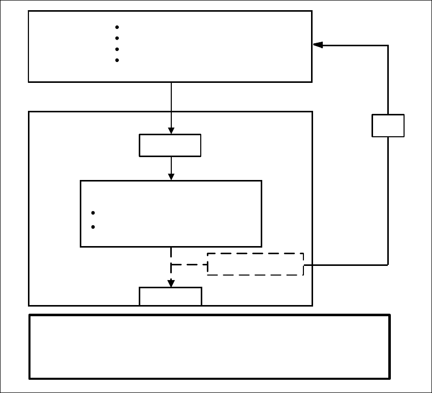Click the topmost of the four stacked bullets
(x=117, y=27)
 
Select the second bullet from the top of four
(x=117, y=38)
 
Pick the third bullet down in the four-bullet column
(x=117, y=49)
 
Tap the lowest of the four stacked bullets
(x=117, y=61)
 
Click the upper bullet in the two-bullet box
(x=93, y=213)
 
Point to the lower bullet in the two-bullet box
(x=93, y=227)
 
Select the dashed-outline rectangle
(x=255, y=264)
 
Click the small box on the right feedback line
(x=388, y=126)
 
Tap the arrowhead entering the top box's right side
(x=318, y=45)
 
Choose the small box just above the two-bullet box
(x=170, y=145)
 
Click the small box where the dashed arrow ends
(x=171, y=296)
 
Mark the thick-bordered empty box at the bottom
(x=209, y=347)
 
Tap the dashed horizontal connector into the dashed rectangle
(x=189, y=265)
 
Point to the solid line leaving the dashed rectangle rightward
(x=346, y=265)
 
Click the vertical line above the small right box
(x=388, y=80)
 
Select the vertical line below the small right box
(x=388, y=201)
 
